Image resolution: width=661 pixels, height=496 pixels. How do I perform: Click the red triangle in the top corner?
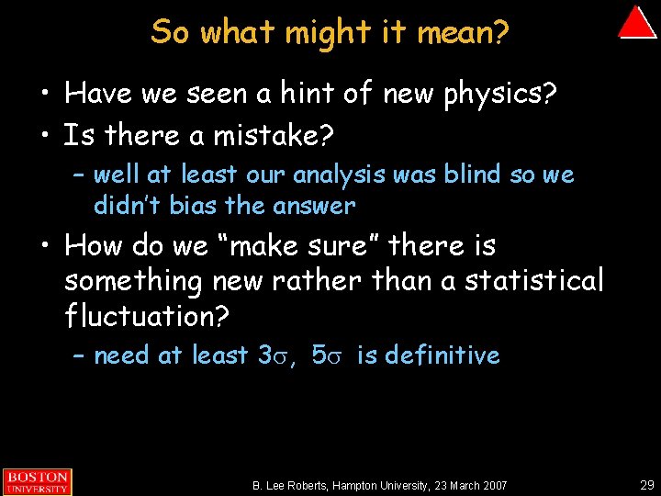tap(636, 24)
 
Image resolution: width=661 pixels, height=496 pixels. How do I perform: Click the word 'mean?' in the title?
tap(464, 32)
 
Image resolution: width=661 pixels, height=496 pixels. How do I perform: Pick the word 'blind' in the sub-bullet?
tap(467, 174)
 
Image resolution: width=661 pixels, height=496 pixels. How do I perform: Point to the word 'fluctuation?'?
tap(148, 316)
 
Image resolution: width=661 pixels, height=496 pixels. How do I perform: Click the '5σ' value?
tap(326, 355)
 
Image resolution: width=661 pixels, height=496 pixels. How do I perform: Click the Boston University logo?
tap(36, 481)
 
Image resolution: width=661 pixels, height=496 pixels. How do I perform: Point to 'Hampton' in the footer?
tap(360, 485)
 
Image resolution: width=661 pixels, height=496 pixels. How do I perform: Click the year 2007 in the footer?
tap(491, 485)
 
